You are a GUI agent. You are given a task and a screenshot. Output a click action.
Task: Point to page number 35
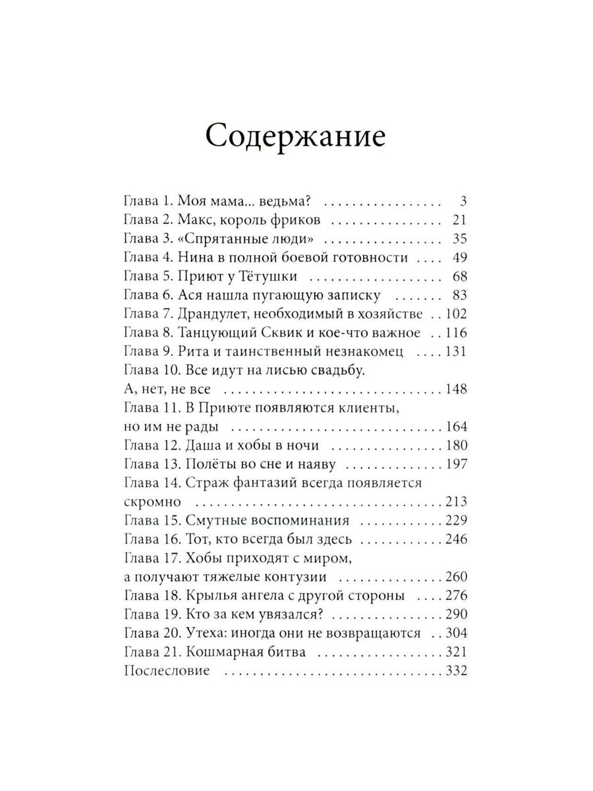459,239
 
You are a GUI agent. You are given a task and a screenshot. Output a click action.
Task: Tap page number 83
459,294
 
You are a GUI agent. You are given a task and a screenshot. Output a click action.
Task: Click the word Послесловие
166,671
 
